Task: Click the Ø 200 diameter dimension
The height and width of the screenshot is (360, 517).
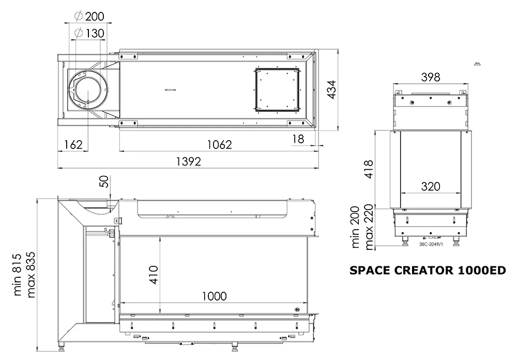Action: click(89, 16)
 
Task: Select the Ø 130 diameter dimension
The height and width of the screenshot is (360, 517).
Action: click(89, 33)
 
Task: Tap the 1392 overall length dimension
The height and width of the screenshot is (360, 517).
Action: click(189, 161)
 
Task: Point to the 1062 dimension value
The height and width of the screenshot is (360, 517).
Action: click(219, 144)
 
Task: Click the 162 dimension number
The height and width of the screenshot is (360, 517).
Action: click(73, 144)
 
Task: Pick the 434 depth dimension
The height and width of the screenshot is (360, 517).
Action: click(331, 89)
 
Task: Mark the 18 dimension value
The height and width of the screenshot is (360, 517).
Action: click(298, 139)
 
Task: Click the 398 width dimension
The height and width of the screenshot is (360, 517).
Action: click(431, 77)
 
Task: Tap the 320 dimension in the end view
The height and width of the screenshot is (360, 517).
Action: click(431, 186)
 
